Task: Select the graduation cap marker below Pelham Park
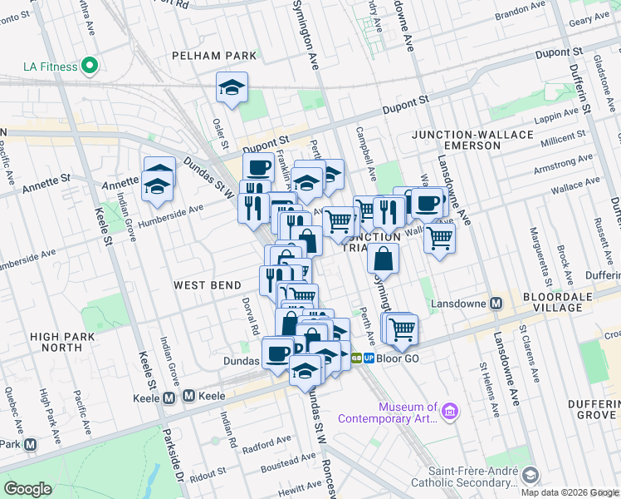pos(232,87)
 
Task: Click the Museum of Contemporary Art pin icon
pos(449,412)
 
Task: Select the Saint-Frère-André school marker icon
pos(529,476)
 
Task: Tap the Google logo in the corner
pos(28,488)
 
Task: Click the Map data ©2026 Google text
pos(570,492)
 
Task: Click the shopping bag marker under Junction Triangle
pos(382,259)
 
